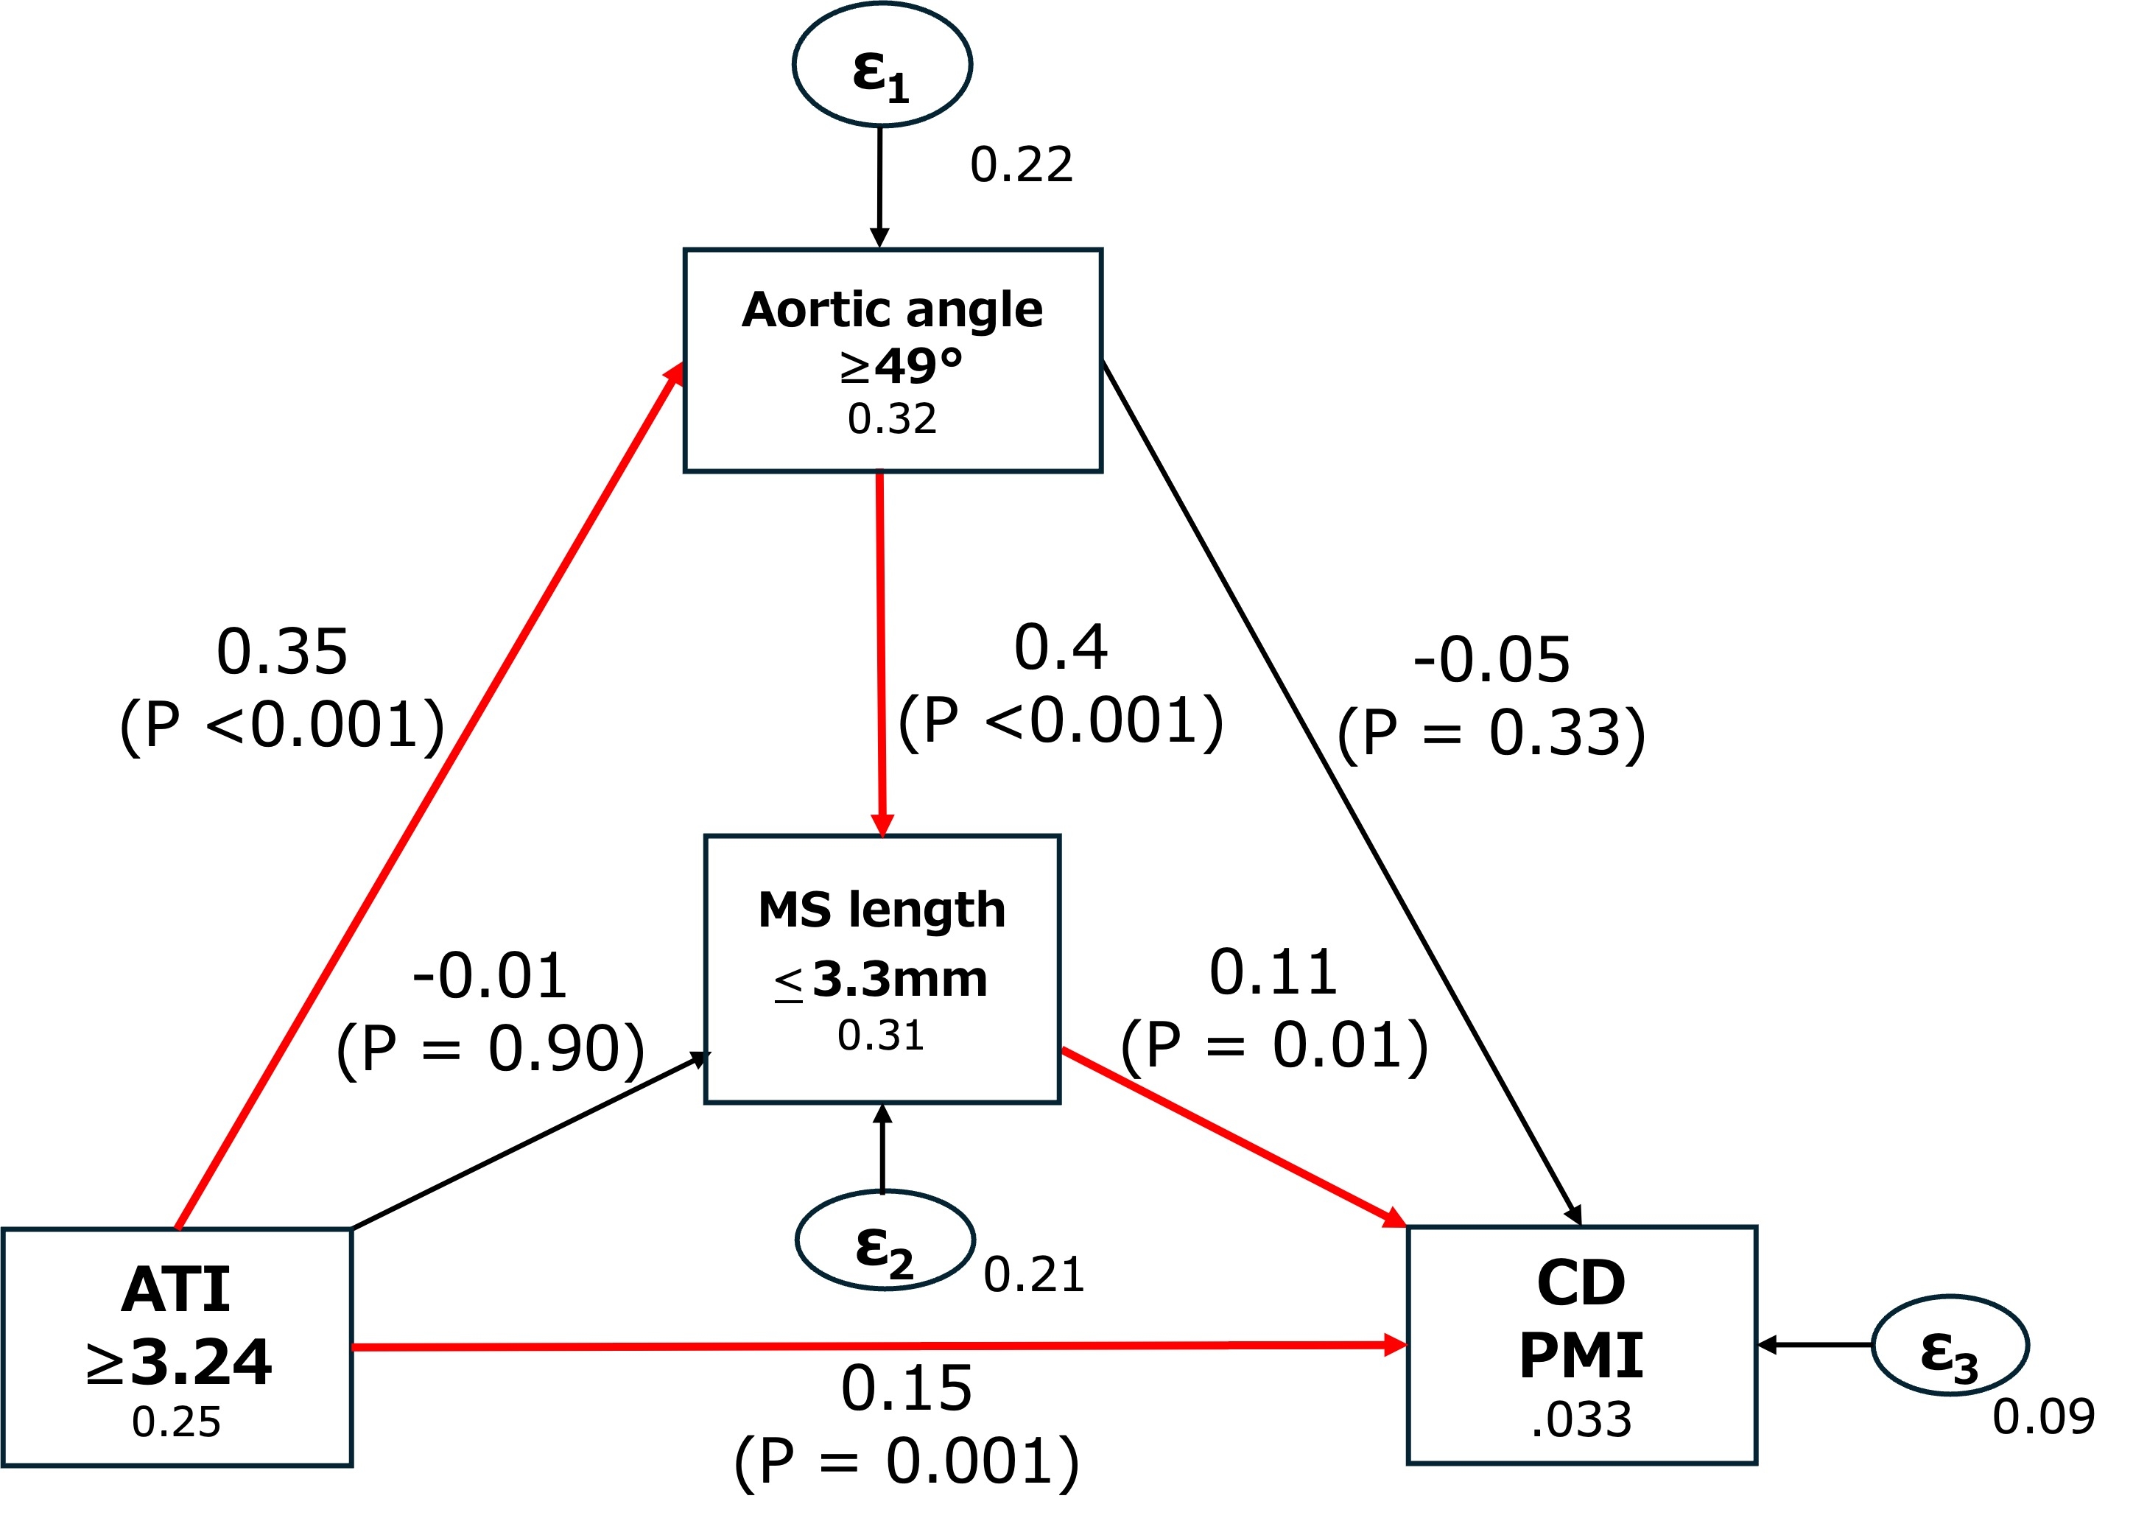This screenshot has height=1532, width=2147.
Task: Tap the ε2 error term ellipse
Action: pyautogui.click(x=884, y=1240)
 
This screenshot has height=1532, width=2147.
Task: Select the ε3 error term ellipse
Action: pyautogui.click(x=1949, y=1345)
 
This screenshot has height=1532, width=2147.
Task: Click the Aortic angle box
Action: pyautogui.click(x=893, y=359)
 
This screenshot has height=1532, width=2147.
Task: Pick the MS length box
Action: pyautogui.click(x=882, y=969)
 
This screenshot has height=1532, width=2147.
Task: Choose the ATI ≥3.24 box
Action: pyautogui.click(x=177, y=1347)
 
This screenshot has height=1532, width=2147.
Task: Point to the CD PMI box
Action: pyautogui.click(x=1581, y=1345)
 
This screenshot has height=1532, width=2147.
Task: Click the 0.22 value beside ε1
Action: pyautogui.click(x=1021, y=165)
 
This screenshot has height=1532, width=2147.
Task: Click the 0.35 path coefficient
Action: pyautogui.click(x=282, y=652)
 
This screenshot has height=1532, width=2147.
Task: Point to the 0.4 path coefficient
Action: pyautogui.click(x=1061, y=648)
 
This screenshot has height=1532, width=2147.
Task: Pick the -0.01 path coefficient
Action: pyautogui.click(x=490, y=975)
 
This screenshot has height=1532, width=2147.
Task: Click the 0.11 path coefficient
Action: pyautogui.click(x=1273, y=972)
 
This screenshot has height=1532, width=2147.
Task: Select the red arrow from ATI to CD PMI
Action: pyautogui.click(x=877, y=1346)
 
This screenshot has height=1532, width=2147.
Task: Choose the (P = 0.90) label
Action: pyautogui.click(x=491, y=1048)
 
